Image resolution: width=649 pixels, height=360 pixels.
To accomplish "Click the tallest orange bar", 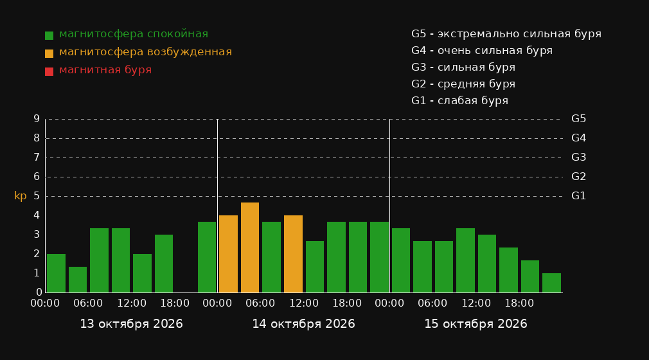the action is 250,248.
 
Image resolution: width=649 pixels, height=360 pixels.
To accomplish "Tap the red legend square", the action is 49,71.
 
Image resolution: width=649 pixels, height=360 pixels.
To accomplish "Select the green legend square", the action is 49,35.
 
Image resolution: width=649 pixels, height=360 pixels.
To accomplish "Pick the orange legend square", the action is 49,53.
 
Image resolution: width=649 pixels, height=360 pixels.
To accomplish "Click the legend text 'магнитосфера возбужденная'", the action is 146,52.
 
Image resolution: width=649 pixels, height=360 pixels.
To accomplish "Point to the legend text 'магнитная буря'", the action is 105,70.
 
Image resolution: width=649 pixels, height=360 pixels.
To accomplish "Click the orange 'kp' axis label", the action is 21,196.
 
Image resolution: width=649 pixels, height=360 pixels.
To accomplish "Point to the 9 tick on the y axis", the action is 37,119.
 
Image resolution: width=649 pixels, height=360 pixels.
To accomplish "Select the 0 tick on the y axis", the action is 39,292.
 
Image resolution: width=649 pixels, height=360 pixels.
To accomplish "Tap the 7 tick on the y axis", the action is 37,157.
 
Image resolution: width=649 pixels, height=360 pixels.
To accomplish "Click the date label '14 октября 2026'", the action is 303,324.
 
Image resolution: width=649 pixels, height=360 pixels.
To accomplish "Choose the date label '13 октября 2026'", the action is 131,324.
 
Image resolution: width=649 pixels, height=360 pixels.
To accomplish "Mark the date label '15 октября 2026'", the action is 476,324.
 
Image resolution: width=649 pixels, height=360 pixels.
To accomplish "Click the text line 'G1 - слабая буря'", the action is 460,101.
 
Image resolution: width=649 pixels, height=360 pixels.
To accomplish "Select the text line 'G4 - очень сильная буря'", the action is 482,51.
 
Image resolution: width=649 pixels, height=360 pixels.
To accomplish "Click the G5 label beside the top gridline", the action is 578,119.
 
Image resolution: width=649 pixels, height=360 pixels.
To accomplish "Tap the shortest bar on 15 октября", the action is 551,283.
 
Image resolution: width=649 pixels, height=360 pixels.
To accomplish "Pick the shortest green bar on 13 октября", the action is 78,280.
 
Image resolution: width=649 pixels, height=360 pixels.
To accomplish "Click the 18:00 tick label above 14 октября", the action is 347,303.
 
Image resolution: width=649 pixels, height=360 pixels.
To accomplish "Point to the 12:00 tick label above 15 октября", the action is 476,303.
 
